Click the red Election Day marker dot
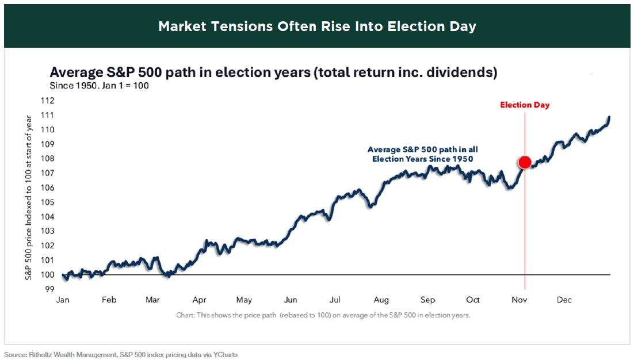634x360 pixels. [525, 162]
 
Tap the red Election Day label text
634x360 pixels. [525, 105]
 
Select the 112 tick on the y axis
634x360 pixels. [48, 101]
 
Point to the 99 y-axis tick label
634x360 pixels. [50, 289]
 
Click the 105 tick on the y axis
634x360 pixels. [48, 202]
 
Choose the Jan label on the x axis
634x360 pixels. [63, 300]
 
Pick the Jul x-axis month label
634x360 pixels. [335, 300]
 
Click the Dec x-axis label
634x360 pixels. [564, 300]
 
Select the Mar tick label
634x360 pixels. [153, 300]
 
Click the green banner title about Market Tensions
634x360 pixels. [317, 26]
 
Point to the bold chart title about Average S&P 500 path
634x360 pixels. [273, 72]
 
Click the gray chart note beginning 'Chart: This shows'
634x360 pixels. [323, 315]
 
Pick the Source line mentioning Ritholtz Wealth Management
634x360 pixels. [121, 355]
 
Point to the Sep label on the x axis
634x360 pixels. [427, 300]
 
